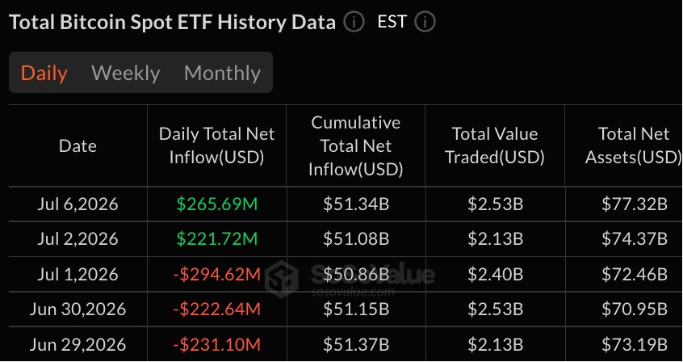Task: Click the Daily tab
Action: point(44,73)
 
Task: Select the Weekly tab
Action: point(126,73)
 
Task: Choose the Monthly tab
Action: point(222,73)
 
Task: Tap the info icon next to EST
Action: point(425,22)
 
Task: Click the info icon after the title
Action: point(354,22)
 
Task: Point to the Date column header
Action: point(78,145)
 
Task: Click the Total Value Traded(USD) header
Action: point(495,145)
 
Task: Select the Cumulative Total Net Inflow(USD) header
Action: point(356,145)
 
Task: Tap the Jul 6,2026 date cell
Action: point(78,204)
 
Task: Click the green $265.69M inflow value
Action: point(217,204)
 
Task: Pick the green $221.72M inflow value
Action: point(217,239)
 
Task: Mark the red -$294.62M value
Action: point(217,275)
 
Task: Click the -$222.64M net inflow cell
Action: point(217,309)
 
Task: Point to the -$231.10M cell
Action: point(217,344)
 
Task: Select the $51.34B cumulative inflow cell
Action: point(356,204)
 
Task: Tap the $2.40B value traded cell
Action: point(495,275)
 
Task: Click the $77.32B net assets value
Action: point(635,204)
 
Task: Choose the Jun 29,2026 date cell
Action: point(78,344)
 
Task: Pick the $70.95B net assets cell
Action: point(635,309)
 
